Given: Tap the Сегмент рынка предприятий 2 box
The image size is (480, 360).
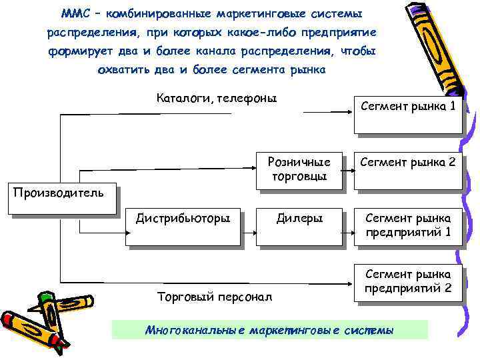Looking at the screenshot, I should coord(407,282).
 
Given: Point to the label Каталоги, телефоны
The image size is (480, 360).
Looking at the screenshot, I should coord(217,99).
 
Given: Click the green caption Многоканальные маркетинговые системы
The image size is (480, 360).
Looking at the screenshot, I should coord(269,329).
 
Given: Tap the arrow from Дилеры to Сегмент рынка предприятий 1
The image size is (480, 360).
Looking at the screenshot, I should coord(351,234).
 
